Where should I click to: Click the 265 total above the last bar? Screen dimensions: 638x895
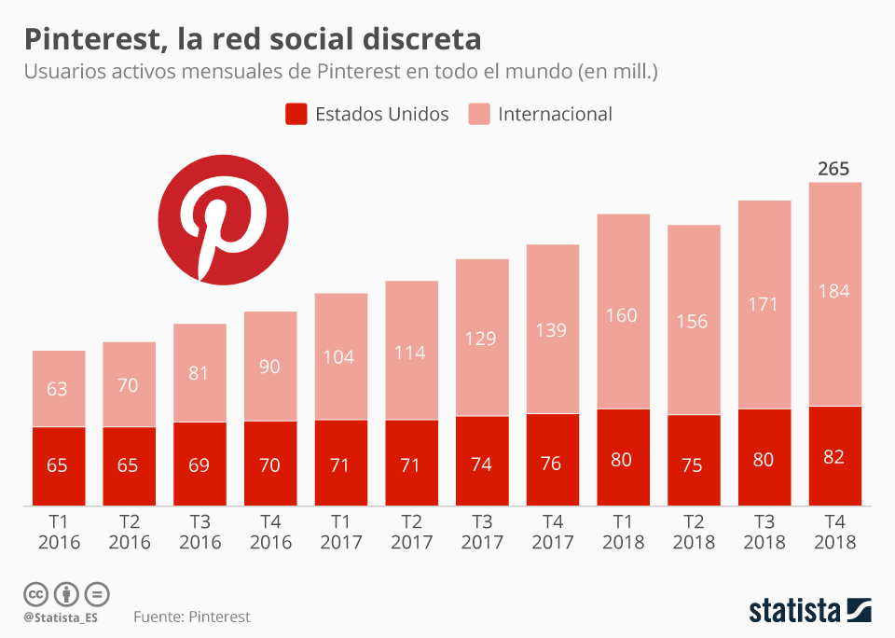[833, 169]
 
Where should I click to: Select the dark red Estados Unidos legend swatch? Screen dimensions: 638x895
[296, 114]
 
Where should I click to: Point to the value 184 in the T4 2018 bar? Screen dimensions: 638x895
[833, 291]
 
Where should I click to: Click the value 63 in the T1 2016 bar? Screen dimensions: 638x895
[58, 389]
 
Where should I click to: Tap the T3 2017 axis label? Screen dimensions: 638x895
[481, 533]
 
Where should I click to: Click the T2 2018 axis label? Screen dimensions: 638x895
[694, 533]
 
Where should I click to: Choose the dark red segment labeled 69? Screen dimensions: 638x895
[200, 464]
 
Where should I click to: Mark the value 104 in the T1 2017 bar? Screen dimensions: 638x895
[340, 357]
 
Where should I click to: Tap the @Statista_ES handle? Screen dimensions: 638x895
[61, 617]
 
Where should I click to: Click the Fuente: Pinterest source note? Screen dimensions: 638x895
[191, 617]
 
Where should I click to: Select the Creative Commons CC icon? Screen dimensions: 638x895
[35, 593]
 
